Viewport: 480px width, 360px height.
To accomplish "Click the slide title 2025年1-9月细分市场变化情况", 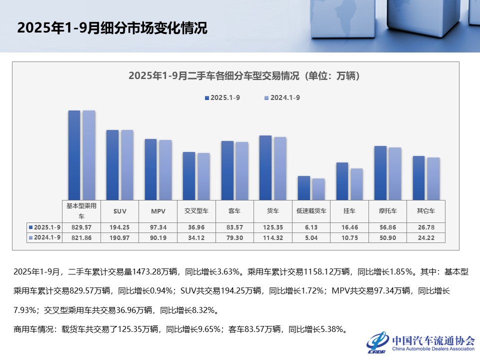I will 112,28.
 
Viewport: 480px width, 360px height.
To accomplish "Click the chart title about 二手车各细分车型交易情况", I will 244,76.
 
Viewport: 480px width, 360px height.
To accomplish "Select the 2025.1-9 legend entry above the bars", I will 222,98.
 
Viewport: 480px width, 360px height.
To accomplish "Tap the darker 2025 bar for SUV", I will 112,165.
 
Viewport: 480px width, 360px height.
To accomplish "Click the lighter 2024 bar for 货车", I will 280,168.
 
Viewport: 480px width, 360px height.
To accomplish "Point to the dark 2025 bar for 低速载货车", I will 304,188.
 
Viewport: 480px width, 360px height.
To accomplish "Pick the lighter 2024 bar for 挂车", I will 356,184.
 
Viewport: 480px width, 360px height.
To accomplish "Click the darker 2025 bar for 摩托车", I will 380,173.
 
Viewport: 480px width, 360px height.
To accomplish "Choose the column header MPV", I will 158,211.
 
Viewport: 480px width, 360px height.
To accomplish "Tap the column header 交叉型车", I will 196,211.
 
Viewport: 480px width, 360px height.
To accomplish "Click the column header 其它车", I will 426,211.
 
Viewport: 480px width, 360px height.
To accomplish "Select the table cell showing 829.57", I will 81,227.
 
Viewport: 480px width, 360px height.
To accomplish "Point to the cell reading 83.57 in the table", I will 234,227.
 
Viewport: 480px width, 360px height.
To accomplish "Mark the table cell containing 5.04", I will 311,237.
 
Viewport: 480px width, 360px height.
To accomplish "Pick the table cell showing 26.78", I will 426,227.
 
